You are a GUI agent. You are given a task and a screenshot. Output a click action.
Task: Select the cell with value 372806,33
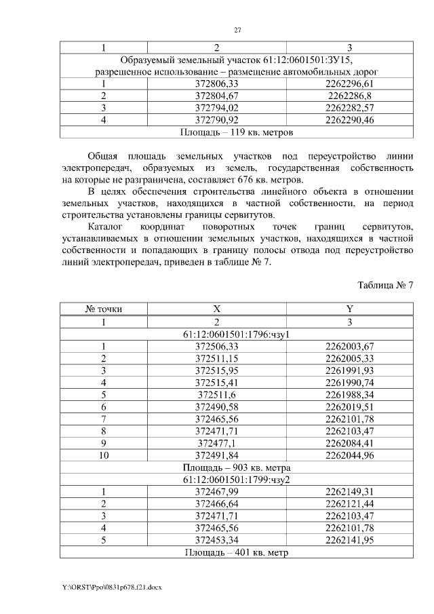pos(217,83)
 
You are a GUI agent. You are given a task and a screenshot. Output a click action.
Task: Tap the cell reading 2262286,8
pos(349,96)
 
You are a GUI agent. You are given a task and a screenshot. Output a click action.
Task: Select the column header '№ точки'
pos(104,309)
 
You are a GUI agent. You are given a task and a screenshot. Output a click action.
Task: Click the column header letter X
pos(217,309)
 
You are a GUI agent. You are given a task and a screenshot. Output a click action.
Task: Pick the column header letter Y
pos(349,309)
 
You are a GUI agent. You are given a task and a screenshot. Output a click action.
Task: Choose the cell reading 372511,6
pos(217,394)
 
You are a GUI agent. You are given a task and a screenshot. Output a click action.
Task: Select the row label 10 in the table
pos(104,455)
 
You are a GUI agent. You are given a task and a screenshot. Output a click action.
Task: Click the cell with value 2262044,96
pos(349,455)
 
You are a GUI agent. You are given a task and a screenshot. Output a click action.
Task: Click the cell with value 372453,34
pos(217,540)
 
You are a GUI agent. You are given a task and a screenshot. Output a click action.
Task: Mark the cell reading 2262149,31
pos(349,492)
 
